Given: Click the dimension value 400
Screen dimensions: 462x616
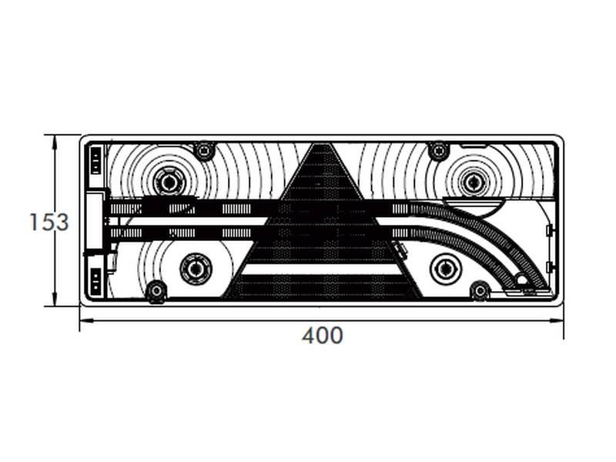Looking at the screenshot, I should pyautogui.click(x=322, y=336).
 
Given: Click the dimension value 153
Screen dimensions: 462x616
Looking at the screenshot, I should pyautogui.click(x=49, y=223).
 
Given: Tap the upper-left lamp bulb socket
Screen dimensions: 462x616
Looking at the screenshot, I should pyautogui.click(x=167, y=182).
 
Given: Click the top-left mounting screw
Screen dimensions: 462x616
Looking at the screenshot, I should pyautogui.click(x=204, y=150).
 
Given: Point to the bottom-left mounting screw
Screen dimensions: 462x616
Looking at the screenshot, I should pyautogui.click(x=156, y=291).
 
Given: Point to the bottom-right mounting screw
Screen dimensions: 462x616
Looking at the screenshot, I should pyautogui.click(x=480, y=291).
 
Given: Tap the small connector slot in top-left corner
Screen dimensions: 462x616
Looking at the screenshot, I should pyautogui.click(x=94, y=160).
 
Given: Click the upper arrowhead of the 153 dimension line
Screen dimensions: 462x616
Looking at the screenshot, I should pyautogui.click(x=55, y=139).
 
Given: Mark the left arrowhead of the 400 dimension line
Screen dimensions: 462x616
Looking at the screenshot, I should pyautogui.click(x=83, y=321).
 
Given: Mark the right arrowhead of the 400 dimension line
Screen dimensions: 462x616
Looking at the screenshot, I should pyautogui.click(x=560, y=321).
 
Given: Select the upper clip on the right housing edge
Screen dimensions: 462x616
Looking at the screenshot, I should pyautogui.click(x=548, y=230).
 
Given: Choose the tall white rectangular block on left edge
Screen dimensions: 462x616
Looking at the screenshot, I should pyautogui.click(x=94, y=223).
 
